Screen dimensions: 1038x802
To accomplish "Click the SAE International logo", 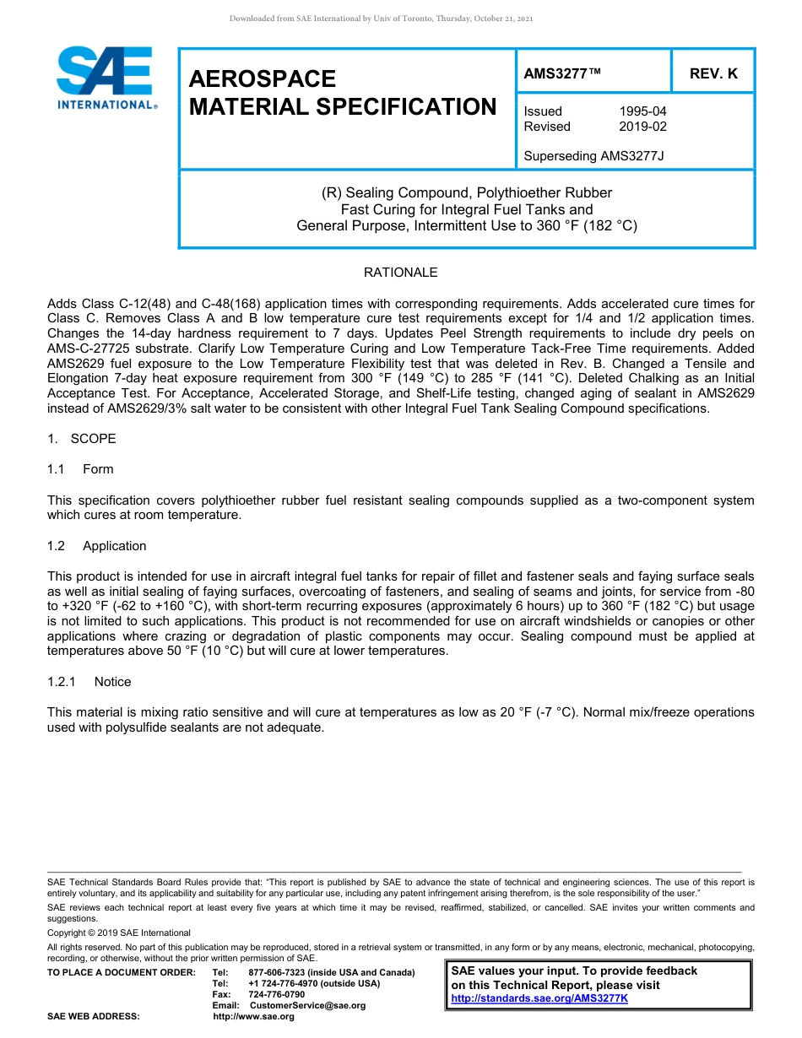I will pos(106,78).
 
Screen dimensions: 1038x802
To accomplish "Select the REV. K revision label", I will pos(713,73).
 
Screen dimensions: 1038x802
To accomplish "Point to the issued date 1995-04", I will pos(642,111).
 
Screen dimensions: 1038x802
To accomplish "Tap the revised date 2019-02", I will pos(642,127).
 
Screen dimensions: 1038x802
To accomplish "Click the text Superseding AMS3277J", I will pos(594,156).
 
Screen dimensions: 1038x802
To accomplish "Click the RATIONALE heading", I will pos(400,273).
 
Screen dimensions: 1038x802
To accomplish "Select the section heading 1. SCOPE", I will pos(82,439).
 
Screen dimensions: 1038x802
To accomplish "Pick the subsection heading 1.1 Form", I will pos(80,469).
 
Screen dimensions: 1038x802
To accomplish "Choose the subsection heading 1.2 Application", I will pos(96,546).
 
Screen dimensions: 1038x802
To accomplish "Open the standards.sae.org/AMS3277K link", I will pos(539,998).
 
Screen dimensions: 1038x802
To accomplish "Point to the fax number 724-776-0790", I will pos(277,994).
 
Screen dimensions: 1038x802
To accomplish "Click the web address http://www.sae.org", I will pos(253,1016).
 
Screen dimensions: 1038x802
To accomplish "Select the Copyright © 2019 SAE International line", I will pos(119,933).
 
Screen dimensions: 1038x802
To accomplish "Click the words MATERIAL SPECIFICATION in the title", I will pos(343,107).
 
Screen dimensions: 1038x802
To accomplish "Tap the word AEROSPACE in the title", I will pos(263,78).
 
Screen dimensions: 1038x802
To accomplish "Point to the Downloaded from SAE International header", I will pos(381,19).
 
